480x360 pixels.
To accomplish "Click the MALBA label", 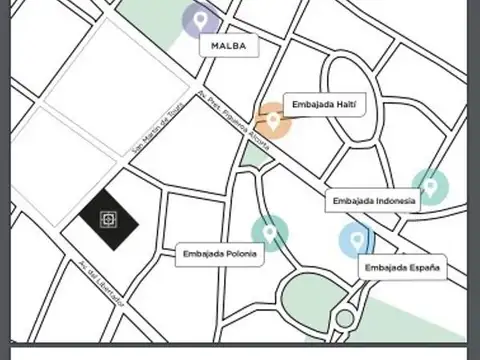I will click(x=229, y=46).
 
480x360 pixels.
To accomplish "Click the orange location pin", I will click(x=271, y=121).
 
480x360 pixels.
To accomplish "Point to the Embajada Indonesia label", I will click(x=373, y=202).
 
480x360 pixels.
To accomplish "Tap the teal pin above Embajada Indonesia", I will click(x=430, y=187).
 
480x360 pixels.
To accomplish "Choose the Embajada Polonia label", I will click(x=220, y=254).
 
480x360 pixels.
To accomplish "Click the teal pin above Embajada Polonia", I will click(x=269, y=233).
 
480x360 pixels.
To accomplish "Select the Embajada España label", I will click(x=401, y=267).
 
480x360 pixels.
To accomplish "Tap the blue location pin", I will click(x=355, y=239).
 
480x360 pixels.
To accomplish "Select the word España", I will click(x=422, y=267).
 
